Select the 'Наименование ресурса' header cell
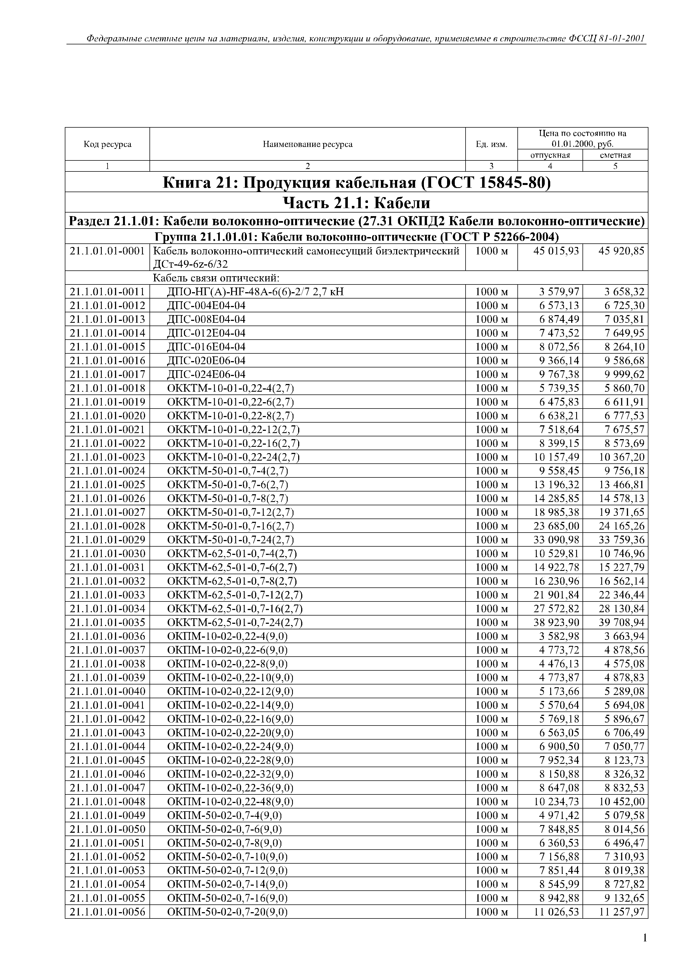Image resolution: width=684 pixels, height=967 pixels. (x=307, y=144)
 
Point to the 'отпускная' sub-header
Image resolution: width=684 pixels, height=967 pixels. (x=550, y=155)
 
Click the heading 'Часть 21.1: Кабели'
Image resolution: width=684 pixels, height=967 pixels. (x=356, y=203)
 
